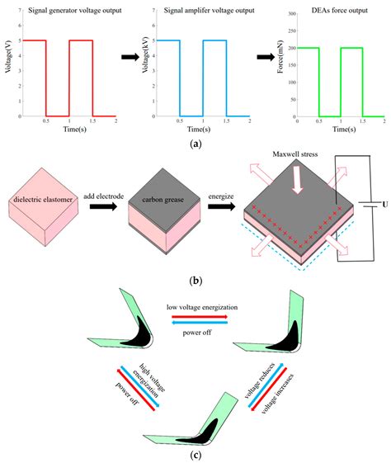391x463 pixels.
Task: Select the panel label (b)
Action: [195, 281]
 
